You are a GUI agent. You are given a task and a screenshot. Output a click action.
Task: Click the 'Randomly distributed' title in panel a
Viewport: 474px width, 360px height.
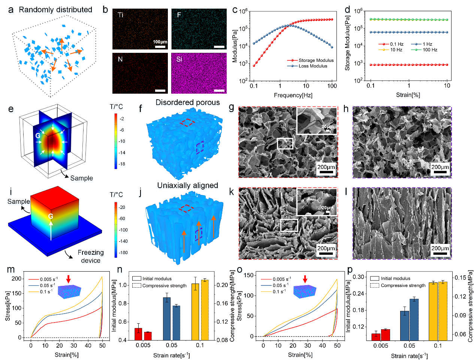(55, 10)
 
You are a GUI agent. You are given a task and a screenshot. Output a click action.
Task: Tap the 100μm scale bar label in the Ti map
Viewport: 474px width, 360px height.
(160, 42)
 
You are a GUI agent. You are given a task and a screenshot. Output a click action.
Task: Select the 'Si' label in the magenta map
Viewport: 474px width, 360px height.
(179, 59)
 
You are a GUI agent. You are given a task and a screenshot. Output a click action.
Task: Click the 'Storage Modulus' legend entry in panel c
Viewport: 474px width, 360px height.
(316, 60)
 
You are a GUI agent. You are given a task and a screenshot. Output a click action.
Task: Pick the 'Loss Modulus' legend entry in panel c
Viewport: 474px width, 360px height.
(313, 66)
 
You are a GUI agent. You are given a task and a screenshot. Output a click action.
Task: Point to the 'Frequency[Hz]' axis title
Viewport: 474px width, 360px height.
(293, 95)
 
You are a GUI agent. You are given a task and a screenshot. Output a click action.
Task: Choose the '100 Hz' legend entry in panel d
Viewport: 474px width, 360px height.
(430, 50)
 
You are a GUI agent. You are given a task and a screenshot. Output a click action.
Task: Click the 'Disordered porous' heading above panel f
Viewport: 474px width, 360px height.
(188, 102)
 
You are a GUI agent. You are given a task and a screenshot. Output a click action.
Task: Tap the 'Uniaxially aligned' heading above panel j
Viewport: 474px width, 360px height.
(187, 185)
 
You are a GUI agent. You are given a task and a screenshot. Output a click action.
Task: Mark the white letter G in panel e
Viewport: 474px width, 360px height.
(38, 136)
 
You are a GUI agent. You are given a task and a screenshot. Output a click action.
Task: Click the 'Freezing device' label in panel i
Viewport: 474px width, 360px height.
(91, 257)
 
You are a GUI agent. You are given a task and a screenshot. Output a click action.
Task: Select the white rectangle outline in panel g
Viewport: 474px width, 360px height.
(285, 143)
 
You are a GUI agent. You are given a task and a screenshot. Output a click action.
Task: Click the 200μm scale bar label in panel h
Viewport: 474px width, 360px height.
(440, 167)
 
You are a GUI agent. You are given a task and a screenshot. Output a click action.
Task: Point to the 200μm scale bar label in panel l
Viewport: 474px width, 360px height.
(440, 248)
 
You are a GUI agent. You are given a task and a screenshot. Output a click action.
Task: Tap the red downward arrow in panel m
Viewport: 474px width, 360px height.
(68, 279)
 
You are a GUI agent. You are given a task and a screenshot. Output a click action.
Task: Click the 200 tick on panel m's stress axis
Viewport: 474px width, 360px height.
(17, 279)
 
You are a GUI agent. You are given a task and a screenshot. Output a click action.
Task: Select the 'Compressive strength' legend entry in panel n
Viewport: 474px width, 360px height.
(164, 286)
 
